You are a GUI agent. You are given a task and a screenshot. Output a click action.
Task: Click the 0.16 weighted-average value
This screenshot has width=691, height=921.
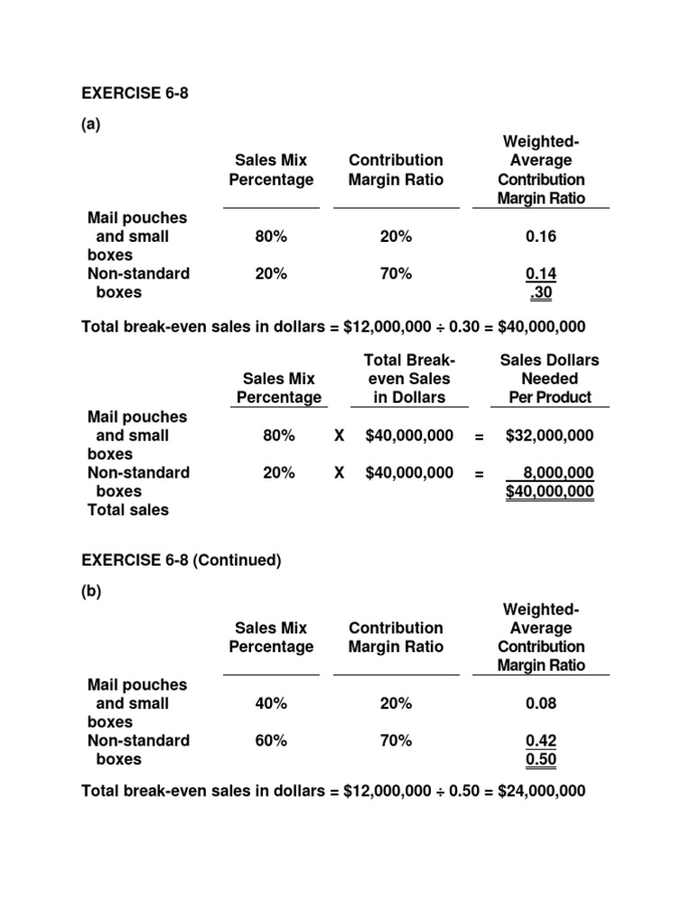541,237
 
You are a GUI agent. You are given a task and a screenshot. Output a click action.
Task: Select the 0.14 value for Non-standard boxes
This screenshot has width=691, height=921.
541,273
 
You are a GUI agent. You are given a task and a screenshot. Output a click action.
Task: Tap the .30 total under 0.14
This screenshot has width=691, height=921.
543,292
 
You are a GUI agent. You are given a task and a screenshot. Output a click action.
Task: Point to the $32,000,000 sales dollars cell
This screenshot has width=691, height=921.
549,435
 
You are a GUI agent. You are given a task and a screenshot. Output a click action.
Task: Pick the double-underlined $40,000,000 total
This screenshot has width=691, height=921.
549,491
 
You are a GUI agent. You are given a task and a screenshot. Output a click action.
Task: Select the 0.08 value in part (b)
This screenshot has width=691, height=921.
541,703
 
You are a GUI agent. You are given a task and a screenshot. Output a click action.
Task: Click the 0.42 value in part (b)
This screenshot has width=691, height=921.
541,740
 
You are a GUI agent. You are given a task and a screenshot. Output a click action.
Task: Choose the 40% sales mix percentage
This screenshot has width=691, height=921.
271,703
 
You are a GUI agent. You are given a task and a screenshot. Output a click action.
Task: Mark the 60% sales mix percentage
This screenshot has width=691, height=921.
271,740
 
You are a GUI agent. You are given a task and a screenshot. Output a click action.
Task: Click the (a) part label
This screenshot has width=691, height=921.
91,125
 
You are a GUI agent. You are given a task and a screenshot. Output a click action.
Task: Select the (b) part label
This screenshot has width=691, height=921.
91,593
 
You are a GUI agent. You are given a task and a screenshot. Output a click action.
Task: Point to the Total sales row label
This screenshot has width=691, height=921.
128,510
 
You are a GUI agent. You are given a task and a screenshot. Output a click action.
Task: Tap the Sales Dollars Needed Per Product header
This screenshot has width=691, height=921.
549,379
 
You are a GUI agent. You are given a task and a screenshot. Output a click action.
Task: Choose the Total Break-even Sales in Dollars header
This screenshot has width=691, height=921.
409,379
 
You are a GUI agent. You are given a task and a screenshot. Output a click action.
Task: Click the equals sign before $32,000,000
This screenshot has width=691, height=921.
480,436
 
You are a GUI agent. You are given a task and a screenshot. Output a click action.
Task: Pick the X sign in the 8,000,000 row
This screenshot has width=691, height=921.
339,472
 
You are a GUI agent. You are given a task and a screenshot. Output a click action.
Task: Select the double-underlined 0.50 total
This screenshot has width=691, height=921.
541,759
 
